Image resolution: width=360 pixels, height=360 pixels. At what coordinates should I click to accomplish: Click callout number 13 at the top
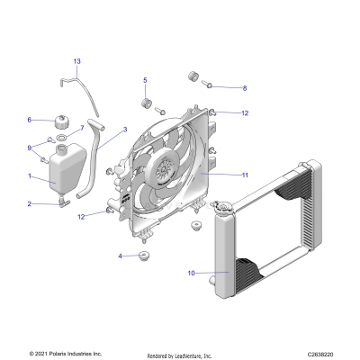[76, 60]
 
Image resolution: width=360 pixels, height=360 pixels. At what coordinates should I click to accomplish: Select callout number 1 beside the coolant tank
[30, 176]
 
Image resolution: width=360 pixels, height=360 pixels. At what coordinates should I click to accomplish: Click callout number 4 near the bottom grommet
[121, 256]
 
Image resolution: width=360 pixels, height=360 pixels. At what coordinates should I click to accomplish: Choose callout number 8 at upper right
[243, 88]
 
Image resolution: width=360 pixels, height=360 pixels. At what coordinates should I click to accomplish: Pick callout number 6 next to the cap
[30, 120]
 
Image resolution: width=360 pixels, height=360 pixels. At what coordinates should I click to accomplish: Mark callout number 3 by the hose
[125, 130]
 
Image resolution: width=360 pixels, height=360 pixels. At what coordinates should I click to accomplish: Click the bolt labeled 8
[209, 86]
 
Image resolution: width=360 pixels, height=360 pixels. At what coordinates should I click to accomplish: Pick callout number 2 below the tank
[30, 204]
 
